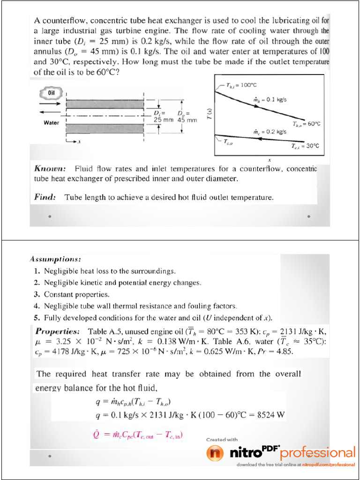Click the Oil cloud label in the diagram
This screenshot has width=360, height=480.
52,93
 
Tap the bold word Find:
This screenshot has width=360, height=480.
45,197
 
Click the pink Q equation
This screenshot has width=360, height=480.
137,435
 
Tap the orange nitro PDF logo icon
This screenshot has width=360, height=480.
216,453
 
